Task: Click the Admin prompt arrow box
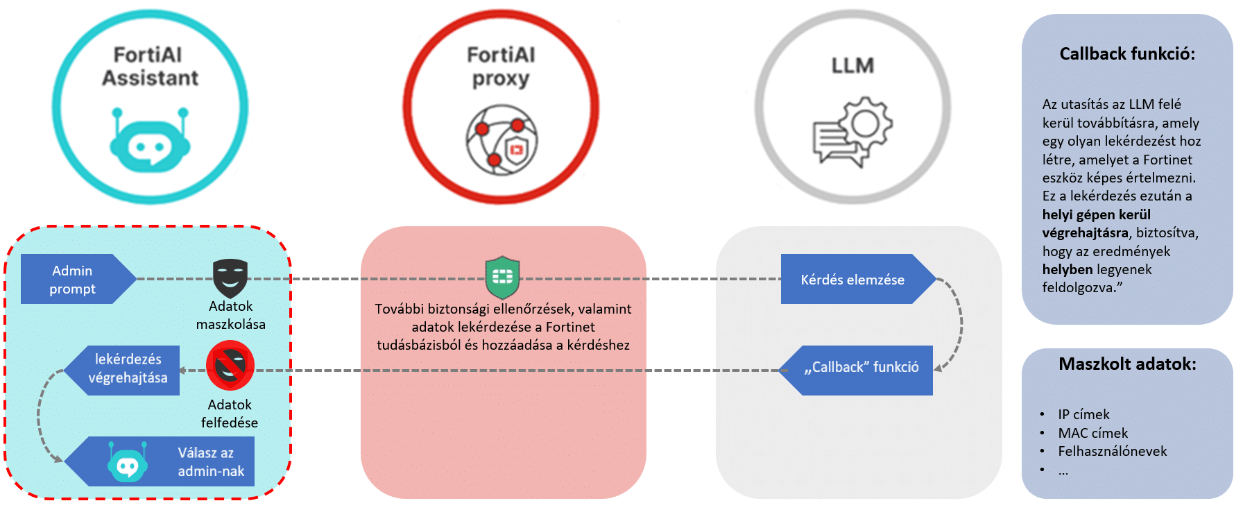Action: [73, 279]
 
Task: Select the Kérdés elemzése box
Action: [852, 279]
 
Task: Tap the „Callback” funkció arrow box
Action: [860, 370]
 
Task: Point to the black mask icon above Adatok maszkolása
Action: [230, 278]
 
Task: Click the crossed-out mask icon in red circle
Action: [230, 366]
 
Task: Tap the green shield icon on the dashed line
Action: [502, 277]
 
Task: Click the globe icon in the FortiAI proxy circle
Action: [502, 139]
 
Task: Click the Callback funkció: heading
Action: [1127, 54]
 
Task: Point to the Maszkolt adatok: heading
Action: [1127, 364]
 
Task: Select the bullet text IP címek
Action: [1083, 414]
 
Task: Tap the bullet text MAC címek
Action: [1092, 433]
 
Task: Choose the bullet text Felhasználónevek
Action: [1112, 451]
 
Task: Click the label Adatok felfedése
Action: [230, 414]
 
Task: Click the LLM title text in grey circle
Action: [852, 66]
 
